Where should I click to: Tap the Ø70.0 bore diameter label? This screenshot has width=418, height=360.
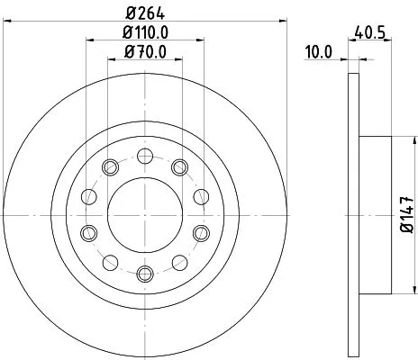[x=144, y=51]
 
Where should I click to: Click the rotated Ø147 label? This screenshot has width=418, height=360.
[x=407, y=215]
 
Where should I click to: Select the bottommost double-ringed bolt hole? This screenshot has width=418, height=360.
[x=144, y=273]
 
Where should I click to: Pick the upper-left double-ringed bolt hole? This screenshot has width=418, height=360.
[x=110, y=166]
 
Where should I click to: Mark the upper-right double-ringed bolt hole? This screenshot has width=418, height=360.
[x=178, y=166]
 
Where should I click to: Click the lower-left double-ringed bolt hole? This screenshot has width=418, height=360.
[x=87, y=233]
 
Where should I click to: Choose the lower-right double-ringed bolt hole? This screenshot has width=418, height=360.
[x=201, y=233]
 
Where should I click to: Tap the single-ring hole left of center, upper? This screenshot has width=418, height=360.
[x=88, y=196]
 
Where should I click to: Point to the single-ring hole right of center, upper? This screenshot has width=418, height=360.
[x=200, y=196]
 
